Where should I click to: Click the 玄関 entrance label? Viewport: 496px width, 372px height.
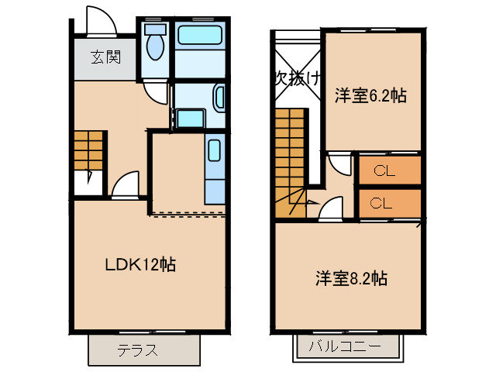tap(104, 57)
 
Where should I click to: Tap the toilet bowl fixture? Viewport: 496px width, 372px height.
tap(155, 46)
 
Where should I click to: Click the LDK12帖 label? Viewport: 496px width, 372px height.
tap(140, 264)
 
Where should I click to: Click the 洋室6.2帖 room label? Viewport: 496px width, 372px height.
tap(370, 96)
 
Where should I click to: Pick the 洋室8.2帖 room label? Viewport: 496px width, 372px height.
tap(351, 278)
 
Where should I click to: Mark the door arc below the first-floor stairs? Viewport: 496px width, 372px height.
tap(125, 186)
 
